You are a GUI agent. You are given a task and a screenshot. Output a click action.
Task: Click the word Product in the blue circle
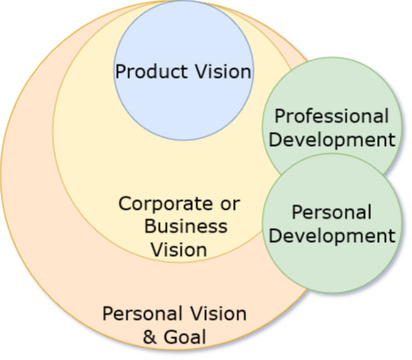[x=151, y=72]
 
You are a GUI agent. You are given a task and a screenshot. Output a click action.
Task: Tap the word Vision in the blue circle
[x=223, y=71]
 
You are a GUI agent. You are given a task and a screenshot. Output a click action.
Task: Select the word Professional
[x=332, y=116]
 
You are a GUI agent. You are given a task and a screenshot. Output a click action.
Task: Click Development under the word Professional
[x=332, y=141]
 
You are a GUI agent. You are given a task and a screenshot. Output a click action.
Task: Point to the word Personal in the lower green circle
[x=332, y=211]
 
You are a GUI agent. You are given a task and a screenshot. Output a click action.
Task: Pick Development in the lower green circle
[x=332, y=237]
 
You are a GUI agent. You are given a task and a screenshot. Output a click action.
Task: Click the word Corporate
[x=166, y=204]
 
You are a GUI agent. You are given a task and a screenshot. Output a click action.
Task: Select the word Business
[x=186, y=226]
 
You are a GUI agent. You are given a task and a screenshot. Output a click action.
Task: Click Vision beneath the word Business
[x=179, y=250]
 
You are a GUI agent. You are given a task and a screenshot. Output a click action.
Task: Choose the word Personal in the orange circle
[x=142, y=314]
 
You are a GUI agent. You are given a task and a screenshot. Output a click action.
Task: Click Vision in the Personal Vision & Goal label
[x=218, y=314]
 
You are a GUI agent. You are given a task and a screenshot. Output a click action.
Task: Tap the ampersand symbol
[x=150, y=337]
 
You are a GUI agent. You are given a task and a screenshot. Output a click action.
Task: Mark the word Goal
[x=185, y=336]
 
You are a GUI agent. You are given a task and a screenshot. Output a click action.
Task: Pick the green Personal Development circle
[x=332, y=224]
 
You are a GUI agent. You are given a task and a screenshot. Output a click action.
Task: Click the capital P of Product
[x=120, y=72]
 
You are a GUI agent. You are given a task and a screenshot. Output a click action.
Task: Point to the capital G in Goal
[x=170, y=336]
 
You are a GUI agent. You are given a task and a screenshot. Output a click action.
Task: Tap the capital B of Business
[x=150, y=226]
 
